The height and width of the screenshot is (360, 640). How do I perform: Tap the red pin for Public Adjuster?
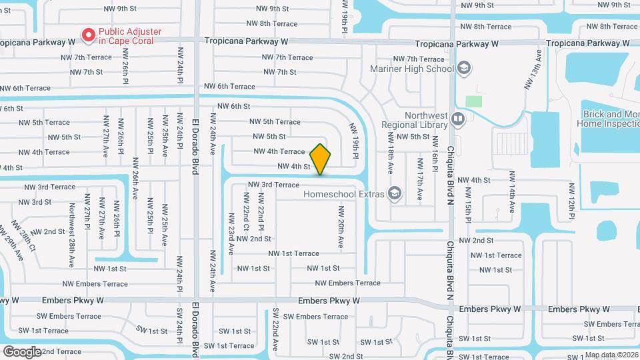point(87,34)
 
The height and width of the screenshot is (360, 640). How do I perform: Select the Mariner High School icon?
point(464,67)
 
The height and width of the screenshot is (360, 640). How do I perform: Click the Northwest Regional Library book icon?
point(457,119)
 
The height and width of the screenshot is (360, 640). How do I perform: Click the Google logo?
point(21,351)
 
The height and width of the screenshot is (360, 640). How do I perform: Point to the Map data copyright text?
point(611,355)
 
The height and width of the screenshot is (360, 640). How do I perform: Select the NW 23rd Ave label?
point(231,233)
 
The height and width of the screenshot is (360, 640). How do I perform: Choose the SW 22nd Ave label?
point(275,332)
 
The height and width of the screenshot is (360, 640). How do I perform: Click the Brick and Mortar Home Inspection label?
point(610,119)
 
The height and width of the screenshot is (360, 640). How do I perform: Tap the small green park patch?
point(473,101)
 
